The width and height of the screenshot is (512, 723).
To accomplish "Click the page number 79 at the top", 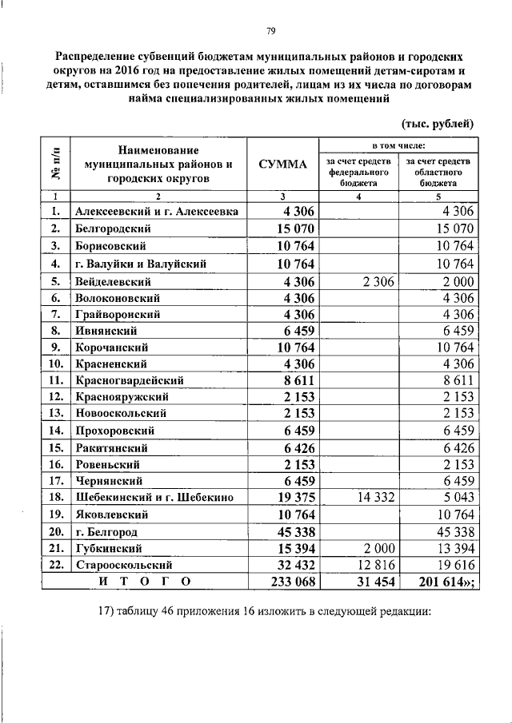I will [x=270, y=31].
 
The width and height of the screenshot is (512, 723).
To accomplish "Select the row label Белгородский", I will [x=113, y=228].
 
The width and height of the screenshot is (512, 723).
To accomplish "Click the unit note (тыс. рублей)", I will [x=437, y=123].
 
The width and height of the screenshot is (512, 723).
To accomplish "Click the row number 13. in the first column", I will [x=55, y=413].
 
